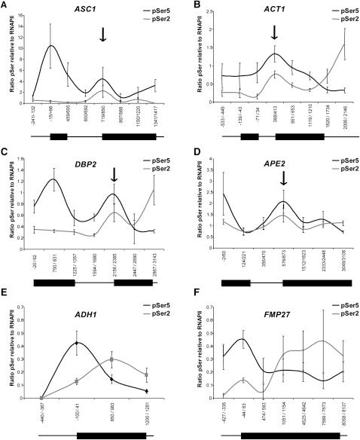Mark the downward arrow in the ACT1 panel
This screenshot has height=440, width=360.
click(275, 31)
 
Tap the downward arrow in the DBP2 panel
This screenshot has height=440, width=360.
click(114, 175)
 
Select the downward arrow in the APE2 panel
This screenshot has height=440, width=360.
click(283, 178)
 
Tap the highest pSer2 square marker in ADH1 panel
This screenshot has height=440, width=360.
click(111, 359)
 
